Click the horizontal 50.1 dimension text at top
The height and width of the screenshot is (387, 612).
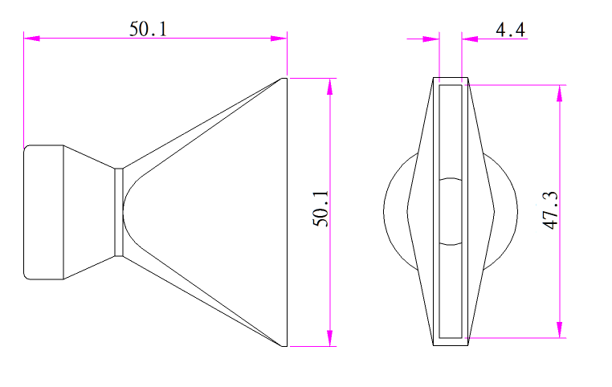click(x=148, y=29)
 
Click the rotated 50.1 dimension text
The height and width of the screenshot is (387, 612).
click(x=320, y=208)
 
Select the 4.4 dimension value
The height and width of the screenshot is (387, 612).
click(x=511, y=30)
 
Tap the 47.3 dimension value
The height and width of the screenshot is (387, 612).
click(x=550, y=210)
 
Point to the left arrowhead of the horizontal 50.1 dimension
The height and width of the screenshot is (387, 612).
click(x=31, y=39)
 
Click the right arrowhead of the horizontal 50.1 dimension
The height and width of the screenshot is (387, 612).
click(x=279, y=39)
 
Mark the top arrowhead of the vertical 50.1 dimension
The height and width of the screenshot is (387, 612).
click(x=330, y=86)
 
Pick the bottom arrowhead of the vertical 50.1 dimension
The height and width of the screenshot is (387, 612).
click(x=330, y=338)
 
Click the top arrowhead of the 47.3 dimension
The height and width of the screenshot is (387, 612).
click(x=559, y=93)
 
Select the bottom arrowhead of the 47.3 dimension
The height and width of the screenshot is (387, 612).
click(x=559, y=330)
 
